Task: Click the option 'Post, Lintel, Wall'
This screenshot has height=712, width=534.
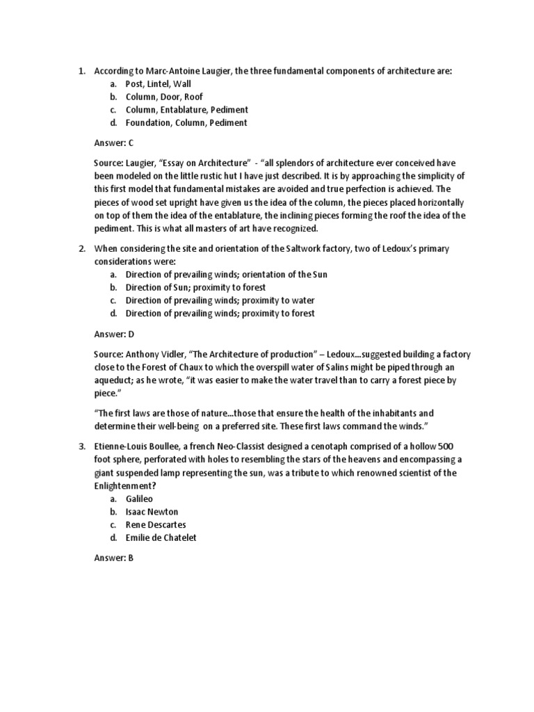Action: (158, 83)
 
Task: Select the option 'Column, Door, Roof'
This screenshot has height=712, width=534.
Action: (164, 97)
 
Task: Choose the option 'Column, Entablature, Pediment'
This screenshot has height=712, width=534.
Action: (186, 110)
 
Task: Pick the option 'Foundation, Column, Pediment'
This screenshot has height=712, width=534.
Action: (186, 123)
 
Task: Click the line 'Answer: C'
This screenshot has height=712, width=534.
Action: (114, 143)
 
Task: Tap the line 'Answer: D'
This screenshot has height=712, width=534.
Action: (114, 334)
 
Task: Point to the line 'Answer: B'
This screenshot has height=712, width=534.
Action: (114, 558)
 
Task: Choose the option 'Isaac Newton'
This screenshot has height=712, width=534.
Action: (152, 512)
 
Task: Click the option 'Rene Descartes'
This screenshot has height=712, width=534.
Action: (156, 525)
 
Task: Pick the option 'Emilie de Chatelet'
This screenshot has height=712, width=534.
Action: (161, 538)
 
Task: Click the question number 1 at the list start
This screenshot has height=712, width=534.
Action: (81, 70)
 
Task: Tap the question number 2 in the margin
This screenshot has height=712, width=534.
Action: (81, 248)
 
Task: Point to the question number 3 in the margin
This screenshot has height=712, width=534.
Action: (81, 445)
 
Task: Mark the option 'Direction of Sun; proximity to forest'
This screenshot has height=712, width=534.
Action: (195, 287)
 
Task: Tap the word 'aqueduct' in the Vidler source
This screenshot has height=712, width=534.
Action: (114, 380)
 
